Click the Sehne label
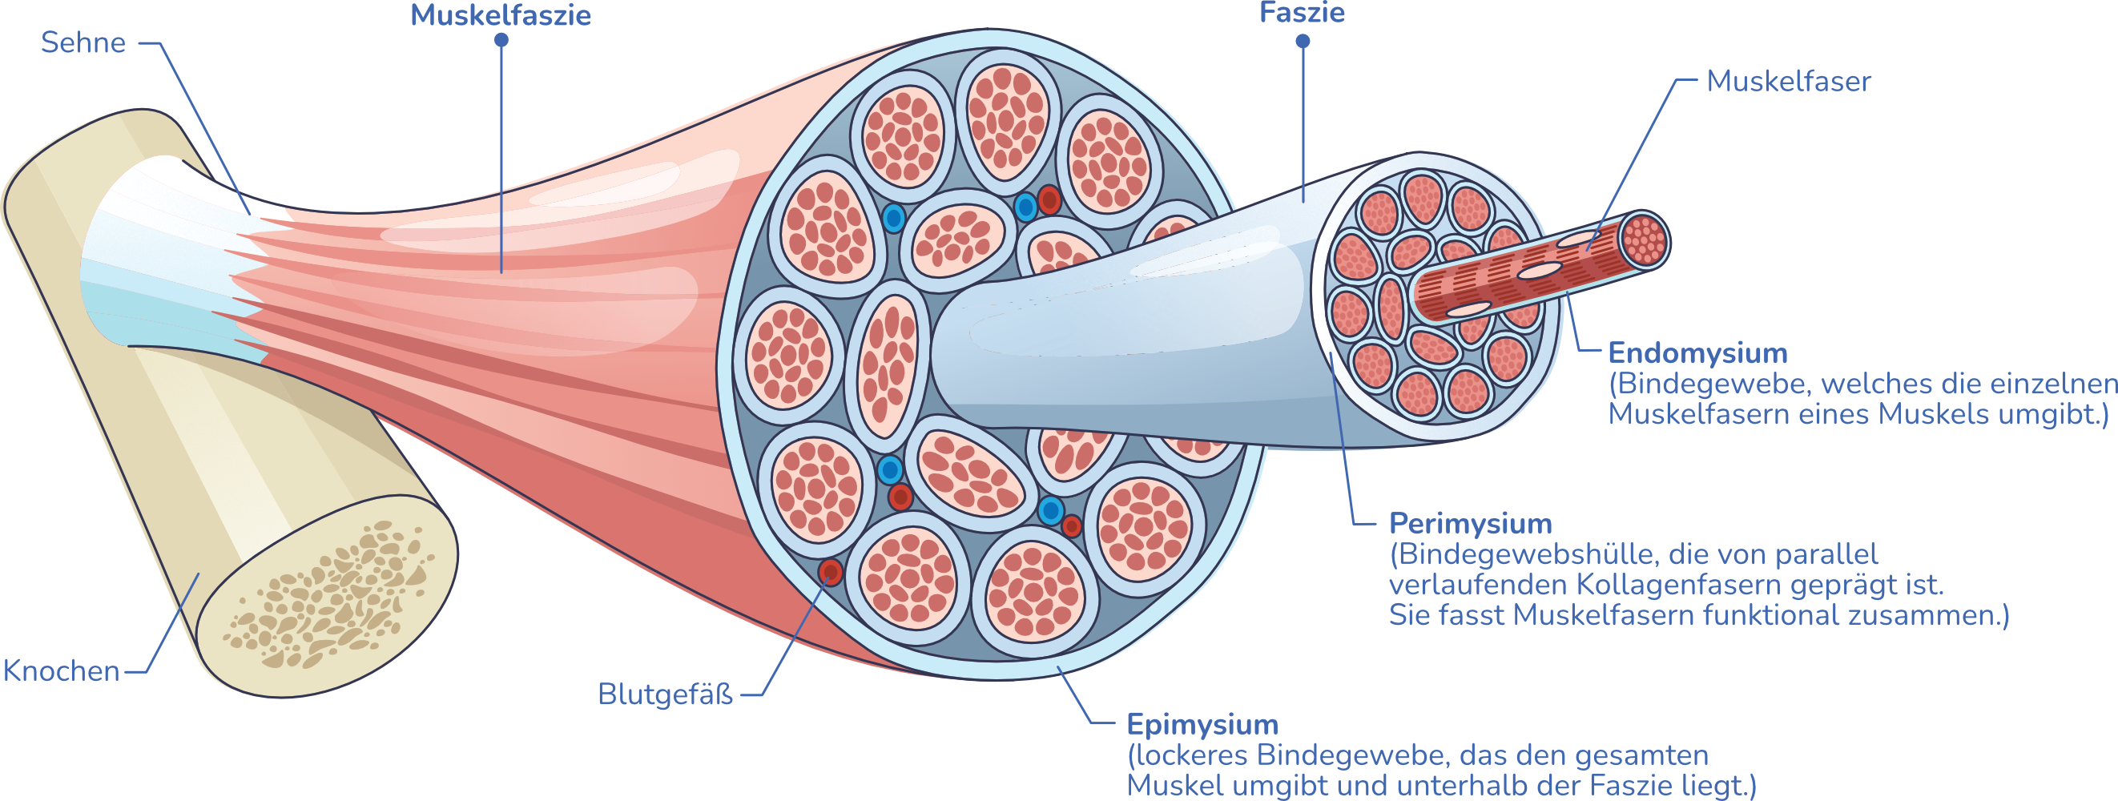[x=83, y=42]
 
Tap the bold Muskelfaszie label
[x=501, y=16]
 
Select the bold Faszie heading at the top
[x=1302, y=13]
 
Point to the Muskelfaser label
[x=1788, y=82]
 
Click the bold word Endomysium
[x=1697, y=353]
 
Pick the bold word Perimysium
[x=1470, y=524]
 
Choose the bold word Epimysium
[x=1202, y=726]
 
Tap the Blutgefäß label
[x=664, y=695]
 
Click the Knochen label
[x=62, y=672]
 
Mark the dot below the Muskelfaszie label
[x=501, y=39]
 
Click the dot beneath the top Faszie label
[x=1303, y=41]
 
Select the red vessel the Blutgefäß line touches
[x=831, y=572]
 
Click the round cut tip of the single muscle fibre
[x=1644, y=239]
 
